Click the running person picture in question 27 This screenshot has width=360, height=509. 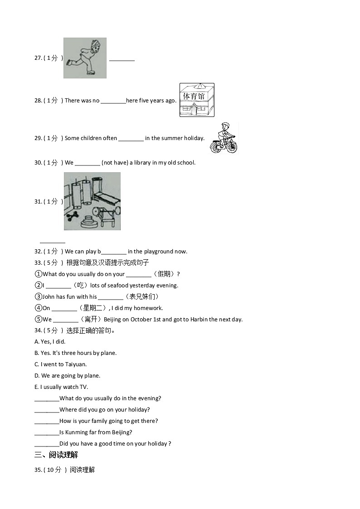point(85,58)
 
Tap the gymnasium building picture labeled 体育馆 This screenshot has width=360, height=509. point(196,100)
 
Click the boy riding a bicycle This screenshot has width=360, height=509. point(224,138)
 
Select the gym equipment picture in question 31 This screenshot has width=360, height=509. point(92,201)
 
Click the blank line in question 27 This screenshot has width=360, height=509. point(122,60)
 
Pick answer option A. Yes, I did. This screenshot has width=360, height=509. point(50,342)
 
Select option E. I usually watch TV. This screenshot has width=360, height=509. point(61,387)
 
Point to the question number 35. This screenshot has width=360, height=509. point(38,470)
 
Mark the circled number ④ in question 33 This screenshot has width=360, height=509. point(38,308)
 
